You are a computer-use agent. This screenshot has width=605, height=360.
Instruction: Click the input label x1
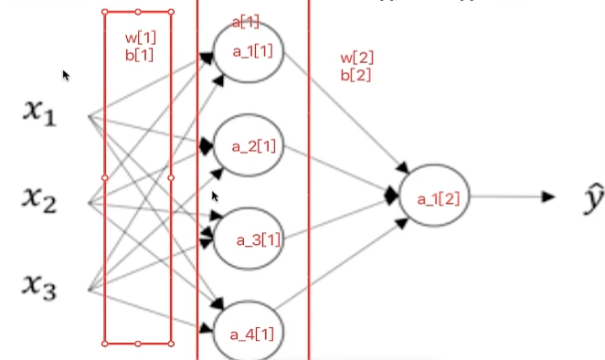click(x=39, y=113)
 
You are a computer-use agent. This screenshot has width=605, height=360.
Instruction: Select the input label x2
click(x=39, y=200)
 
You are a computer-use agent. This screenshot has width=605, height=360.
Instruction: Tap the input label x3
click(x=39, y=287)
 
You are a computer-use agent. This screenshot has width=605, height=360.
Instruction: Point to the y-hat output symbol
click(x=594, y=198)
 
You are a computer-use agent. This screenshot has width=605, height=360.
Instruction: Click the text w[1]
click(x=141, y=37)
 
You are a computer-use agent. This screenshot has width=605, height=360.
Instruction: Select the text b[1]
click(x=139, y=55)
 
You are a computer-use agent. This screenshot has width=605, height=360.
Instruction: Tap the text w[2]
click(x=357, y=58)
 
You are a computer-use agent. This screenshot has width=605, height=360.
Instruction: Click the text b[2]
click(x=356, y=75)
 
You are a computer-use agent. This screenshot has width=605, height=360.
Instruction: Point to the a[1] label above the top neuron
click(x=246, y=22)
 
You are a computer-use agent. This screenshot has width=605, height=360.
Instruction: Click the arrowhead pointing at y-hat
click(x=548, y=196)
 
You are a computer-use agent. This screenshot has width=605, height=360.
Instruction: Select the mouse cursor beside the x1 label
click(x=66, y=76)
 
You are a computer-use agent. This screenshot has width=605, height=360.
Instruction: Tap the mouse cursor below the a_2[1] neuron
click(x=215, y=196)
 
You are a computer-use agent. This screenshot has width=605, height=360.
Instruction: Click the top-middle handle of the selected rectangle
click(x=138, y=12)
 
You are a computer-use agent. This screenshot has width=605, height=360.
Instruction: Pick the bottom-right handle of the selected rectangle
click(x=171, y=344)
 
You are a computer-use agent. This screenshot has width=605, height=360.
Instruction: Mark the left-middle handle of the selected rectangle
click(x=104, y=177)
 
